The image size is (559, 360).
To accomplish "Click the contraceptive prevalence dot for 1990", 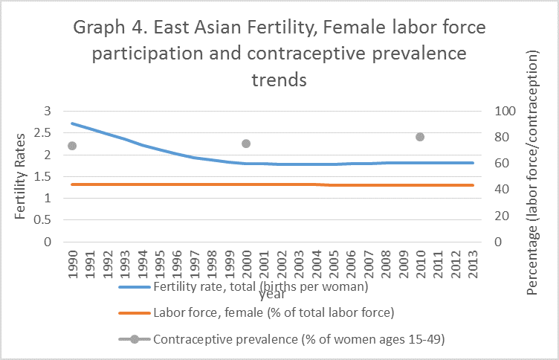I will [72, 146].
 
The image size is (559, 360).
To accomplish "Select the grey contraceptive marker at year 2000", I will [246, 144].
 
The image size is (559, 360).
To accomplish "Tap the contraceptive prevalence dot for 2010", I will [420, 137].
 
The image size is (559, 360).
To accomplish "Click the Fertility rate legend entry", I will [260, 286].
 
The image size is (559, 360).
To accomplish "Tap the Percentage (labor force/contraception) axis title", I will [532, 174].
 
